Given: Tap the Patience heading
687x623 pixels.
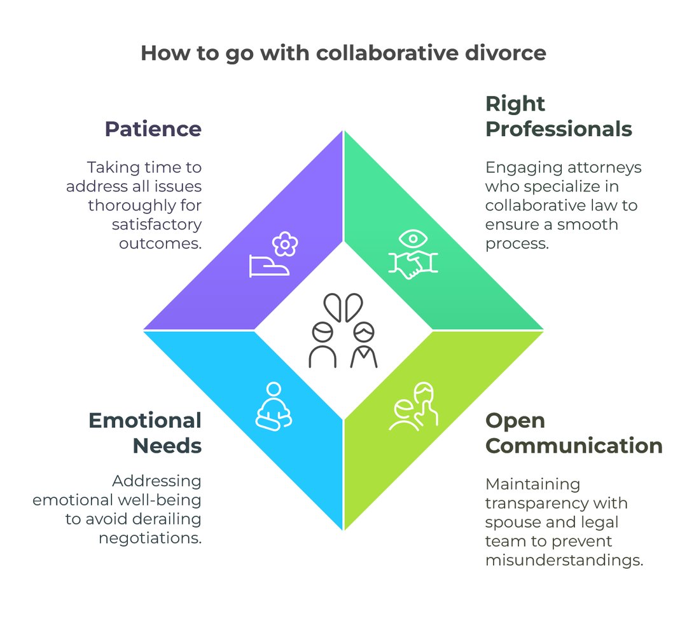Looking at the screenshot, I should click(153, 129).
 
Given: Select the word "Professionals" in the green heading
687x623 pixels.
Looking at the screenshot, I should click(559, 129).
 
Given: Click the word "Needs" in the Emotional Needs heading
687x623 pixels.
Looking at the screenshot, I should click(167, 446).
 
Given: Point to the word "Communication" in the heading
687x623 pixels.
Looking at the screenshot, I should click(574, 446).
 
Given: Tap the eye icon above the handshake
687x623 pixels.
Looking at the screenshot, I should click(412, 240).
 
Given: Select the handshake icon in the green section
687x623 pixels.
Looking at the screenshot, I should click(412, 266).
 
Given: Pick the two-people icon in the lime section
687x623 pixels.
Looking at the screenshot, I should click(414, 407).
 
